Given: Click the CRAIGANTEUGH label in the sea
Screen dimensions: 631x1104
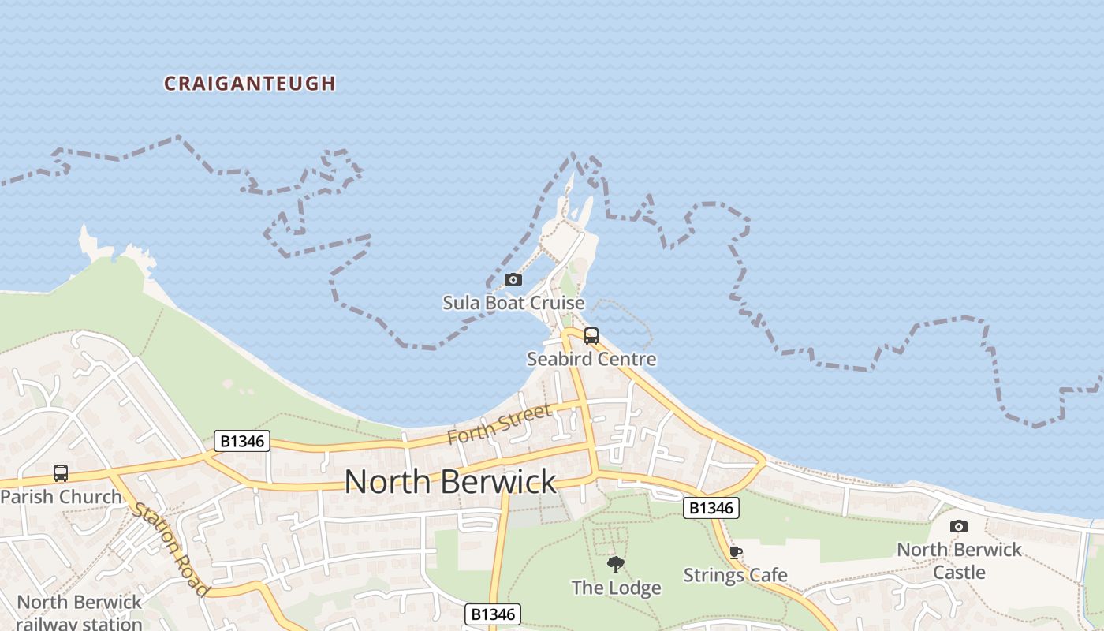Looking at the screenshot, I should click(x=250, y=84).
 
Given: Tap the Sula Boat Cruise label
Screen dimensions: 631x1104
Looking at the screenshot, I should click(x=513, y=303).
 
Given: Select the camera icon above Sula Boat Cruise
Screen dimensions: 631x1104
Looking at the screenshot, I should click(x=513, y=279).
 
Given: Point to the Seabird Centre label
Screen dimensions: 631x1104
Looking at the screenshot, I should click(x=591, y=359).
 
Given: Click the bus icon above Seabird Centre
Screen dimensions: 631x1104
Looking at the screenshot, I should click(x=591, y=336).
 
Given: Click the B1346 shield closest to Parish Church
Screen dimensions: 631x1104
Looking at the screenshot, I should click(x=242, y=441).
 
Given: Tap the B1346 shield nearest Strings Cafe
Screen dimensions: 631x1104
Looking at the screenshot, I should click(x=711, y=508).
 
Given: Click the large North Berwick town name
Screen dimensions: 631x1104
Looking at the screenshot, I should click(x=450, y=481).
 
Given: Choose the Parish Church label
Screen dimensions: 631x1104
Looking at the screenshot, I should click(x=62, y=497).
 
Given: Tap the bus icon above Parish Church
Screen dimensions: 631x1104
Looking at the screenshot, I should click(x=61, y=473).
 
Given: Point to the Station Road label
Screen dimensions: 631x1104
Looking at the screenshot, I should click(x=171, y=548).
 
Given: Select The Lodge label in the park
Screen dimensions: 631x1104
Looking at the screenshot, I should click(x=616, y=588).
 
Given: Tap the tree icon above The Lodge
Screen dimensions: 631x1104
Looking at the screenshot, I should click(x=616, y=564).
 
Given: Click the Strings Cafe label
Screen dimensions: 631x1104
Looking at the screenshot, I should click(x=735, y=575).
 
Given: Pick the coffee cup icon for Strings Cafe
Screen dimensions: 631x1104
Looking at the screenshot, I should click(x=735, y=552).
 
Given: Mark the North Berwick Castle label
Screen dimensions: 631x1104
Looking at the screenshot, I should click(x=959, y=560).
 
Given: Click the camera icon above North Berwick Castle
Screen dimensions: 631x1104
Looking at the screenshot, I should click(x=959, y=526).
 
